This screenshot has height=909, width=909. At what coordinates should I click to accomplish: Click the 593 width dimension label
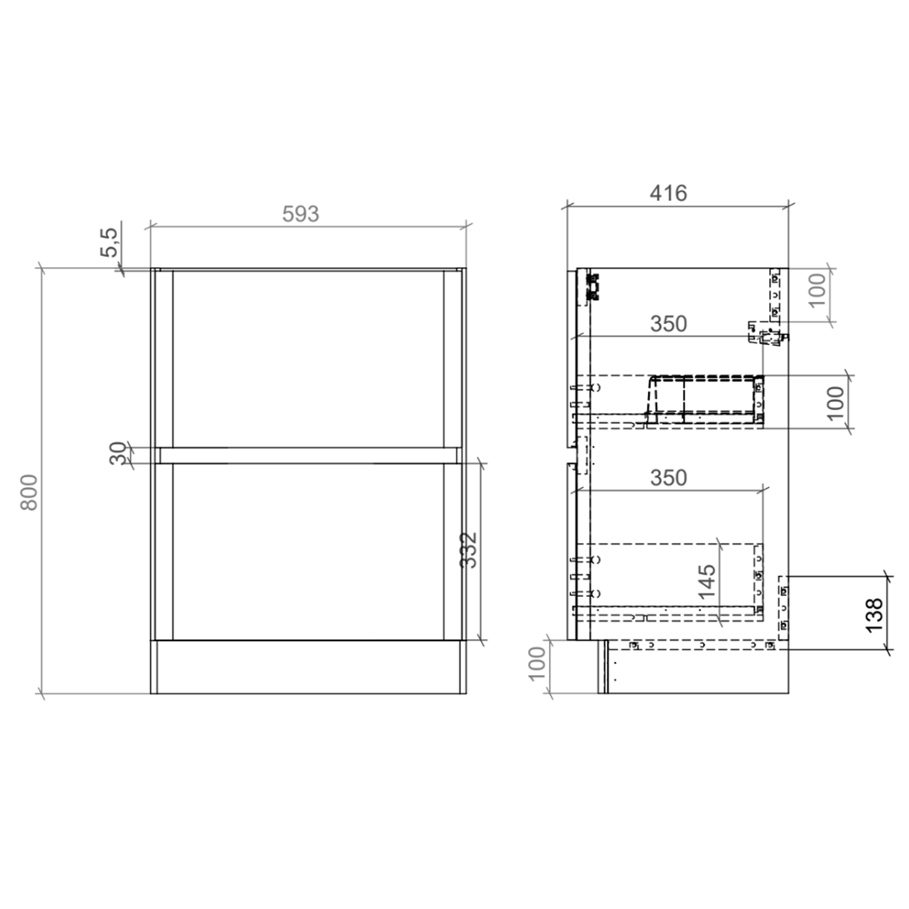coord(301,214)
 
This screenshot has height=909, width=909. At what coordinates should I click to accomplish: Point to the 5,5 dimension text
coord(110,242)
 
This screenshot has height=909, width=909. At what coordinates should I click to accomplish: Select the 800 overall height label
coord(29,491)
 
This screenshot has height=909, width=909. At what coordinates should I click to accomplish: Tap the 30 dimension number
coord(119,453)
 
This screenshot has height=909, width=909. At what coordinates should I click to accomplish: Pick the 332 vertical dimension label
coord(468,550)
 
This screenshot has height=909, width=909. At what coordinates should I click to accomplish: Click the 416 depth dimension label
coord(668,193)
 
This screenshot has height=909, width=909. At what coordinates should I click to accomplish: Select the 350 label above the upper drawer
coord(668,324)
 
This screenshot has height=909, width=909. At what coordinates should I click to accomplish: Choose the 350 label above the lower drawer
coord(668,478)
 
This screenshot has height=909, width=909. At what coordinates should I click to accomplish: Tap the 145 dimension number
coord(707,582)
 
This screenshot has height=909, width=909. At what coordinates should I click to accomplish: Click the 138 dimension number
coord(874,615)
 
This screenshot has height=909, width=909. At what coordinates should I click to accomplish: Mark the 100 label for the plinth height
coord(537,664)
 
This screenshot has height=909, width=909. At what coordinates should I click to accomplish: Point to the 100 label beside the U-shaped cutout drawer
coord(835,403)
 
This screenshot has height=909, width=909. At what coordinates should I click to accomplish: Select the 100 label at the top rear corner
coord(817,290)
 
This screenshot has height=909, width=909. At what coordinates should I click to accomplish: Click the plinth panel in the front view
coord(308,667)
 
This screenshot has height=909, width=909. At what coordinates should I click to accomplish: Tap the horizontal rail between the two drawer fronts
coord(308,456)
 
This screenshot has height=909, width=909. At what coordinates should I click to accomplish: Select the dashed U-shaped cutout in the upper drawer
coord(703,397)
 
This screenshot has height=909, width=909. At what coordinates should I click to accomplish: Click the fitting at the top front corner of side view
coord(593,287)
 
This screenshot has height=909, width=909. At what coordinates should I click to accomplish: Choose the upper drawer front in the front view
coord(308,359)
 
